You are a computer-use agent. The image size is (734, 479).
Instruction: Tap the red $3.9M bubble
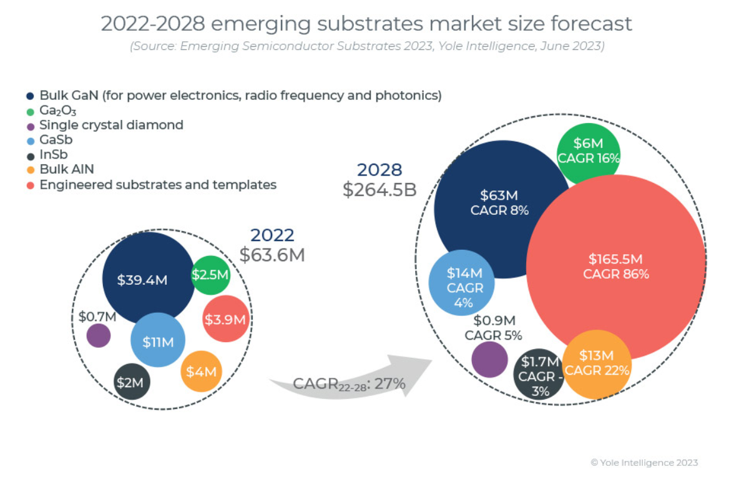(226, 319)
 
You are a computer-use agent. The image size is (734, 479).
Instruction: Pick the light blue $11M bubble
(158, 340)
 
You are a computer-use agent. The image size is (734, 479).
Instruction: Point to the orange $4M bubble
(202, 371)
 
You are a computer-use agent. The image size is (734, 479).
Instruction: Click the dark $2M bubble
(132, 382)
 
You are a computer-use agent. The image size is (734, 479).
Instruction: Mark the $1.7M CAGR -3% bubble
(539, 375)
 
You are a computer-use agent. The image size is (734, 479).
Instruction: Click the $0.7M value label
(97, 317)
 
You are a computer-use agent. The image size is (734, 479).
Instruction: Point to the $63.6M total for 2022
(272, 254)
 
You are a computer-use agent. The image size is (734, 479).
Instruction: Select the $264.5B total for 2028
(379, 189)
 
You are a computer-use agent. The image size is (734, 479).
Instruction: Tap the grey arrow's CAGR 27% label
(350, 383)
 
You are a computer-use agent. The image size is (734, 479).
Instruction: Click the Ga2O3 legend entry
(57, 111)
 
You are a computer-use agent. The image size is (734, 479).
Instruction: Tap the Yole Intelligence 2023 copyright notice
(644, 463)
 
